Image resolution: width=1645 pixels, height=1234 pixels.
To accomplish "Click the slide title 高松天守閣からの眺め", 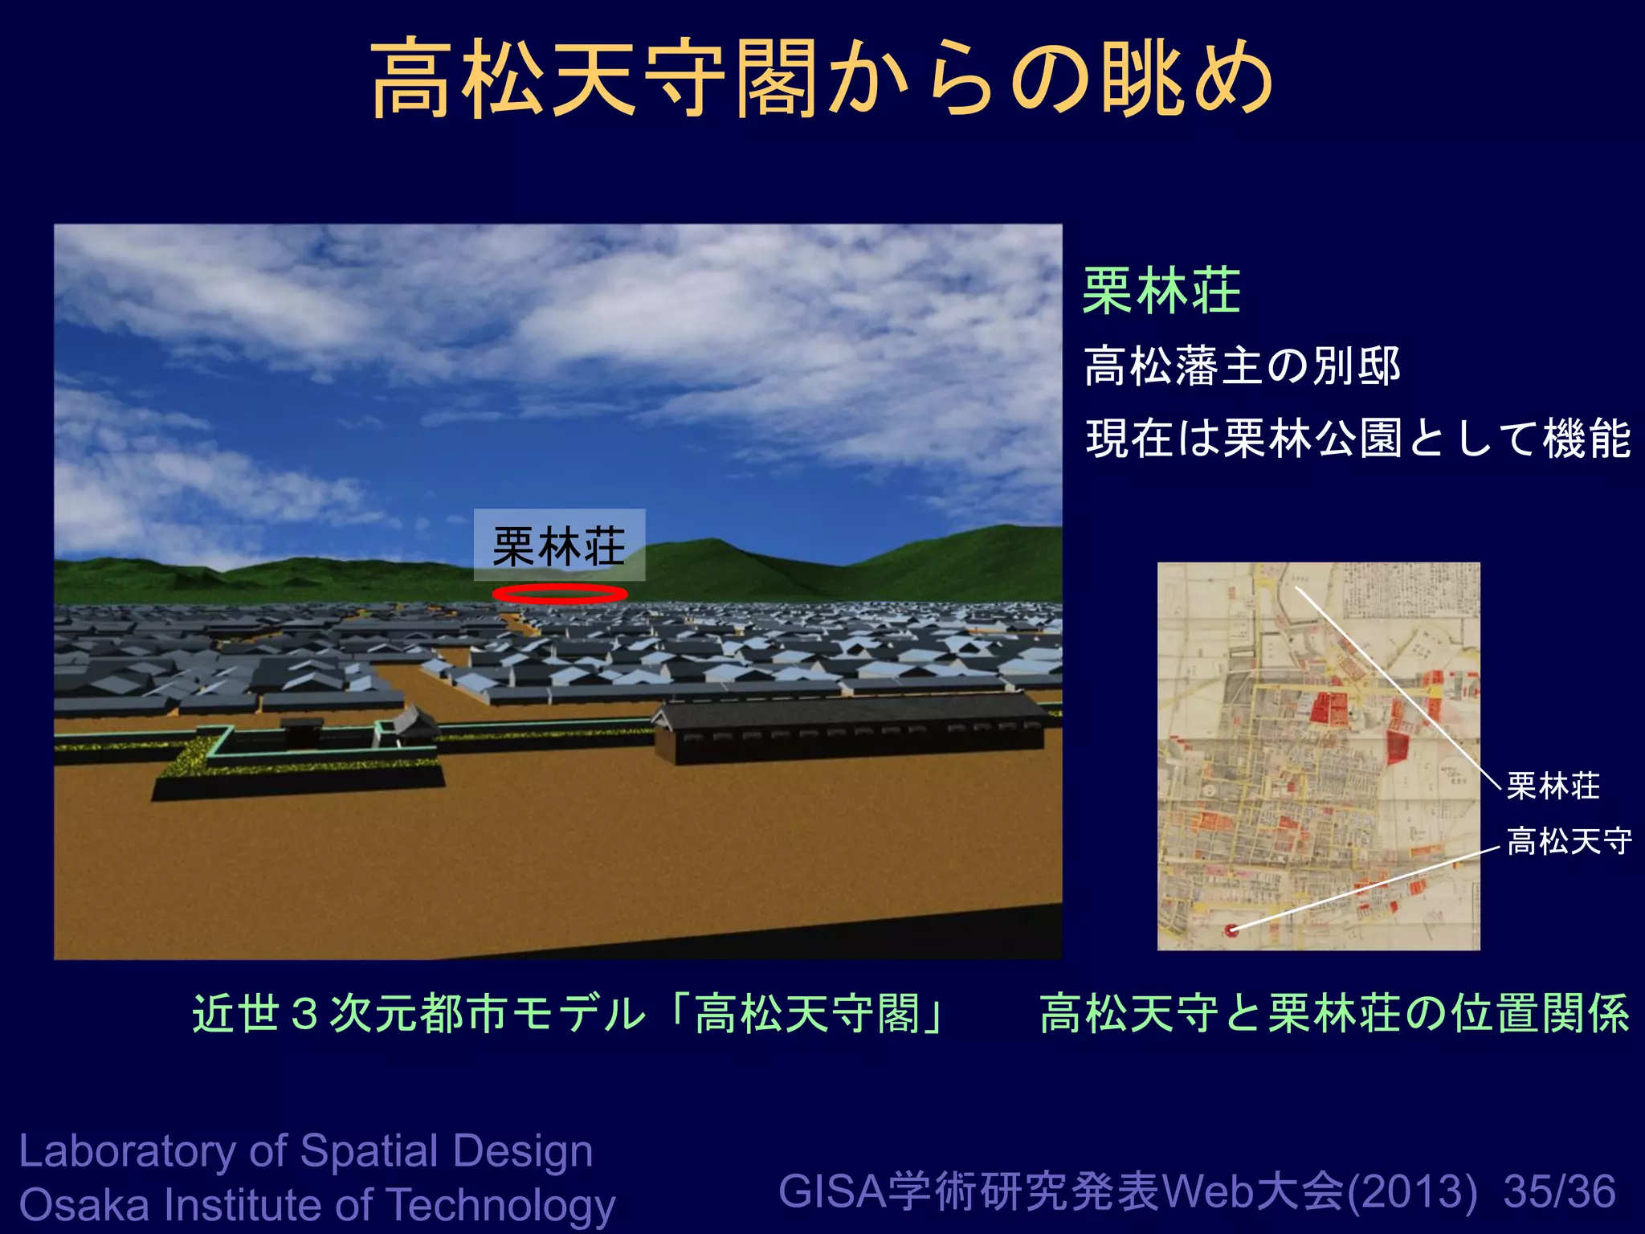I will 821,79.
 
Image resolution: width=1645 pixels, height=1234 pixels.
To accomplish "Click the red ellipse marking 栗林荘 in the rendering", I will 559,594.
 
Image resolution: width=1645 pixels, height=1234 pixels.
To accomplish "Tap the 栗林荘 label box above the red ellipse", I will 559,545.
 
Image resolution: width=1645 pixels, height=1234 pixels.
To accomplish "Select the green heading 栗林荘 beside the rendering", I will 1161,291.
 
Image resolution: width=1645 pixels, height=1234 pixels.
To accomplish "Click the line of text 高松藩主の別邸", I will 1242,366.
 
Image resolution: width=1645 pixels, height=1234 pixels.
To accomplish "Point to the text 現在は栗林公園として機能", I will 1357,439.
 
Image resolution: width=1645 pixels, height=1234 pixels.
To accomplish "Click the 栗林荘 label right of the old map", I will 1553,786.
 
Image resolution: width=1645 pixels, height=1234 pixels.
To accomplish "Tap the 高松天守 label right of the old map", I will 1569,842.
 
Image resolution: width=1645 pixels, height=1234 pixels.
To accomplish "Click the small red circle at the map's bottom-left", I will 1231,930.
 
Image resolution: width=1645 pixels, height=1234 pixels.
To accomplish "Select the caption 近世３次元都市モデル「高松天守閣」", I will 569,1014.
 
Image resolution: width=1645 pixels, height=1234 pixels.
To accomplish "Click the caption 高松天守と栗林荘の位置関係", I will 1334,1014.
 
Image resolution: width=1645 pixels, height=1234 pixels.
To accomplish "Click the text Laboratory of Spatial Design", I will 305,1150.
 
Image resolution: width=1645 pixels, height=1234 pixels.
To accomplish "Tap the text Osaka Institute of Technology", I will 316,1205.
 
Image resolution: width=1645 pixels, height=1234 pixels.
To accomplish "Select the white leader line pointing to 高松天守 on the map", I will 1365,888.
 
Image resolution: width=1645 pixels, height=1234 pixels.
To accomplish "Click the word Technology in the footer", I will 501,1205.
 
